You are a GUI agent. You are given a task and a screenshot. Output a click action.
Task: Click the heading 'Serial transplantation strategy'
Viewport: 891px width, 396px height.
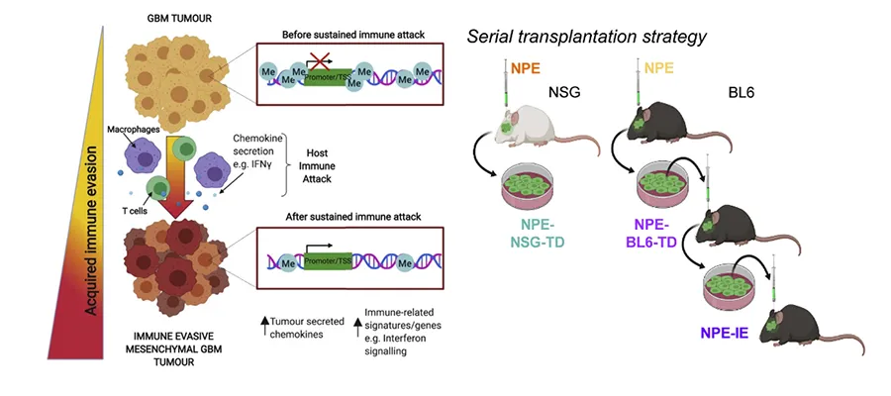[587, 38]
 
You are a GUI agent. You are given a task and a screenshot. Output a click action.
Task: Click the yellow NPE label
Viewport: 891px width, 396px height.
[659, 69]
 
